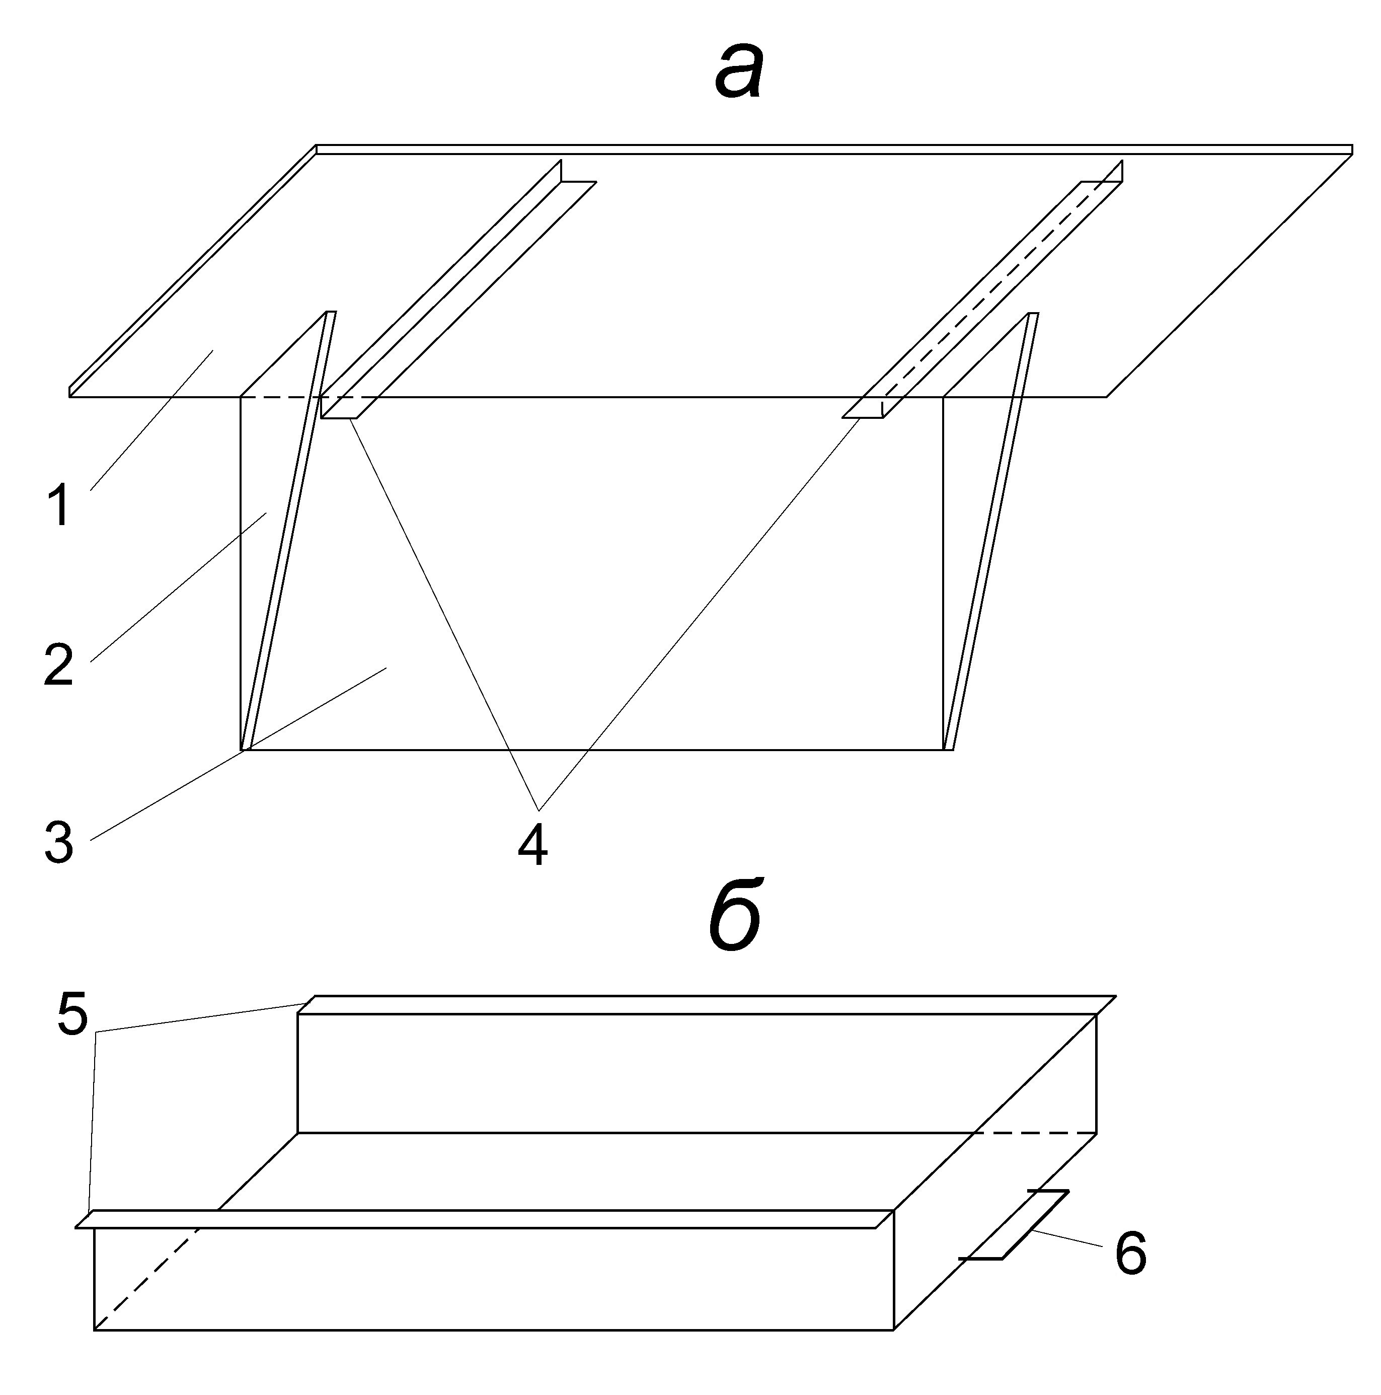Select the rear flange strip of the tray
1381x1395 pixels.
coord(708,1004)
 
